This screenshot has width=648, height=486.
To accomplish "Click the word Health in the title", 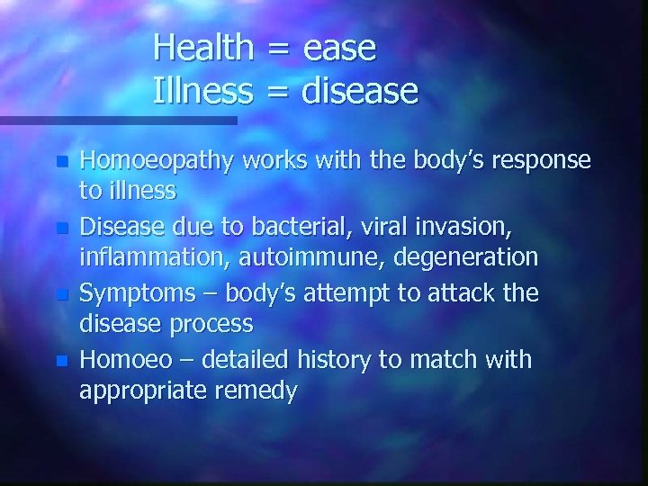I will [203, 48].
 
